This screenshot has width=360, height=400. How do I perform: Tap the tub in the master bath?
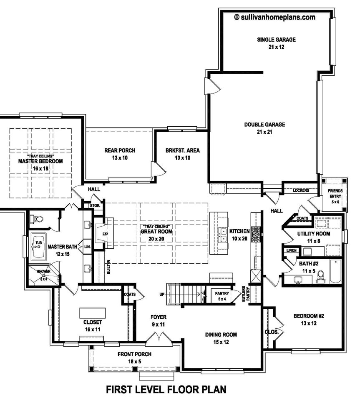click(x=38, y=247)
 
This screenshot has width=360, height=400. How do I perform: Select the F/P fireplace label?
click(x=105, y=234)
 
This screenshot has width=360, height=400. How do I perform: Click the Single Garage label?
click(x=276, y=40)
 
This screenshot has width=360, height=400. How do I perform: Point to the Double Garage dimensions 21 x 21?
click(x=264, y=132)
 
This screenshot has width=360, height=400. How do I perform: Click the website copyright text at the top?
click(x=275, y=17)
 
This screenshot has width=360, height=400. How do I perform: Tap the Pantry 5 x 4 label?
click(x=222, y=296)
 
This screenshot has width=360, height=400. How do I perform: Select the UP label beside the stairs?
click(x=162, y=295)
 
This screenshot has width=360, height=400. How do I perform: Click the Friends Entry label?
click(x=335, y=193)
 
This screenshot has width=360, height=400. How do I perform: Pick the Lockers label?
click(x=301, y=190)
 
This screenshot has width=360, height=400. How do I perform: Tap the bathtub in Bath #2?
click(x=335, y=271)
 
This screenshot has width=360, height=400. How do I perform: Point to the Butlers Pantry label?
click(x=245, y=294)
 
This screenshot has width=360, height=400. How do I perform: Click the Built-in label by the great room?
click(x=108, y=267)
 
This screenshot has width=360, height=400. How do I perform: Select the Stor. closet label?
click(x=95, y=205)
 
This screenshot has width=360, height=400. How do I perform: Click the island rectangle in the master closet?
click(x=93, y=312)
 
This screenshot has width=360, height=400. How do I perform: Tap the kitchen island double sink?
click(x=224, y=235)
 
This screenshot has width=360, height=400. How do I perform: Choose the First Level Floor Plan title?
click(x=166, y=390)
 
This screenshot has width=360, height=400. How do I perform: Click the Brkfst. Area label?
click(x=183, y=150)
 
